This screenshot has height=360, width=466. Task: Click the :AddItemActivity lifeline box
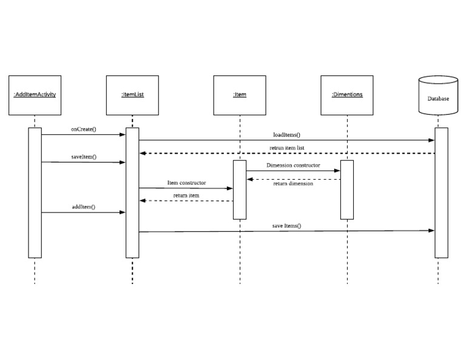point(35,95)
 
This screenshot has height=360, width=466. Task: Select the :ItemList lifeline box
point(132,95)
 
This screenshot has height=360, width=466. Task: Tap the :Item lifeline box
point(240,95)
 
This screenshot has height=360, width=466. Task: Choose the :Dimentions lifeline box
point(347,95)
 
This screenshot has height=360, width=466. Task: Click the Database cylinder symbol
point(438,96)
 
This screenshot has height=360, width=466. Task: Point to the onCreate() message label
point(84,129)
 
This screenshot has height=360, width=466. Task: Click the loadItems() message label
point(287,135)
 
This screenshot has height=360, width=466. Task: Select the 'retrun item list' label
point(287,148)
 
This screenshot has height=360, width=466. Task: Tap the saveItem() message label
point(84,157)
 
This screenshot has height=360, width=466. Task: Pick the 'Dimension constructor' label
point(293,165)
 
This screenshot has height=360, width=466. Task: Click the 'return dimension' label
point(293,183)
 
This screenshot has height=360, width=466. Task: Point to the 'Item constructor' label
point(186,183)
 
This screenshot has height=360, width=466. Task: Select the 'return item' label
point(186,195)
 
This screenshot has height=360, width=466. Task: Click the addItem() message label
point(84,207)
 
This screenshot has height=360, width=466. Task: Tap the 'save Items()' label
point(286,225)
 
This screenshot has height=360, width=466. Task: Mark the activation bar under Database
point(442,192)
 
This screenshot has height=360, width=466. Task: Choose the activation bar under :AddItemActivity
point(35,192)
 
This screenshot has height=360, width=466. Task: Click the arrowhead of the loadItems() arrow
point(432,140)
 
